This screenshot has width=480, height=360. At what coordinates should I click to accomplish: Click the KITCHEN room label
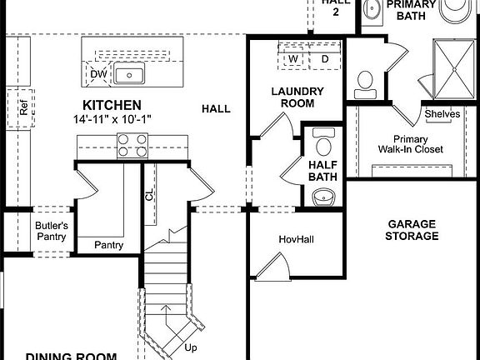click(111, 105)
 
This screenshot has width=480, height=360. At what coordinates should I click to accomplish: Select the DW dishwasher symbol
click(97, 74)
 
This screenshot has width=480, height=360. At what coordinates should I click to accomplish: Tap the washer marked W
click(293, 60)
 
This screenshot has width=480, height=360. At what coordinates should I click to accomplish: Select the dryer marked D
click(324, 60)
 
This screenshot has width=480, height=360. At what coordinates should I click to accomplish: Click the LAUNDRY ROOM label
click(292, 97)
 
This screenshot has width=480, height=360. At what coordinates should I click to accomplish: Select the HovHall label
click(294, 240)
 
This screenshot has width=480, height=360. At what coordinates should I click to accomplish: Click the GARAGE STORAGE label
click(412, 230)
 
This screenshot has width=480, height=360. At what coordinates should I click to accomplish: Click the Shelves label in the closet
click(442, 114)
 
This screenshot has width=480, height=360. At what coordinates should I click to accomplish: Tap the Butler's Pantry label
click(51, 231)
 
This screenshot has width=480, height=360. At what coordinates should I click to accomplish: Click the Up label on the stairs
click(191, 347)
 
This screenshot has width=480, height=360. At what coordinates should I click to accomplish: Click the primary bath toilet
click(363, 81)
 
